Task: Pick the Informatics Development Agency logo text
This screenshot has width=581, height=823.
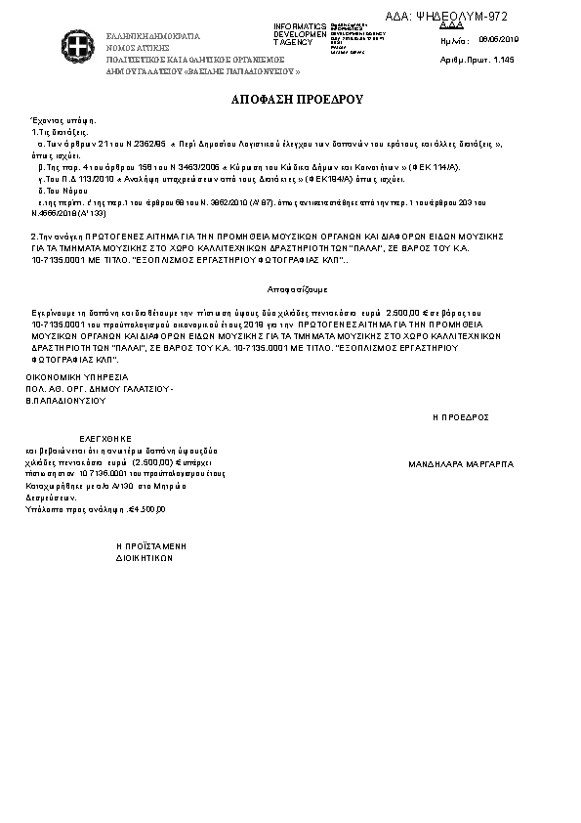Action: (300, 33)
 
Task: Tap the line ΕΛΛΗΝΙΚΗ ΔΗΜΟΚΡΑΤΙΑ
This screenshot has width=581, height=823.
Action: (152, 36)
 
